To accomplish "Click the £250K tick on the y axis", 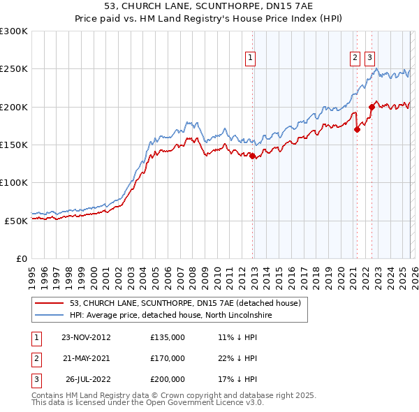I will pyautogui.click(x=14, y=69).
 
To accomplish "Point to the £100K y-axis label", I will pyautogui.click(x=14, y=183).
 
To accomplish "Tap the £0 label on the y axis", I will pyautogui.click(x=22, y=258).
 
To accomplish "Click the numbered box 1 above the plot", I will pyautogui.click(x=249, y=59).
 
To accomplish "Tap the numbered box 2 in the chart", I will pyautogui.click(x=355, y=59).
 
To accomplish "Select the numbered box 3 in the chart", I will pyautogui.click(x=369, y=59).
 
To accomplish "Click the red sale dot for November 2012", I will pyautogui.click(x=252, y=156).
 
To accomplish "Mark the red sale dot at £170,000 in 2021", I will pyautogui.click(x=357, y=129).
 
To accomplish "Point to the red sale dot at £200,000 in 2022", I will pyautogui.click(x=372, y=107).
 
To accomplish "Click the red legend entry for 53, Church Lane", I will pyautogui.click(x=185, y=303).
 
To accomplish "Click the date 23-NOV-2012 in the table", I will pyautogui.click(x=86, y=337).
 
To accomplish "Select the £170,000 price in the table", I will pyautogui.click(x=168, y=358).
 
